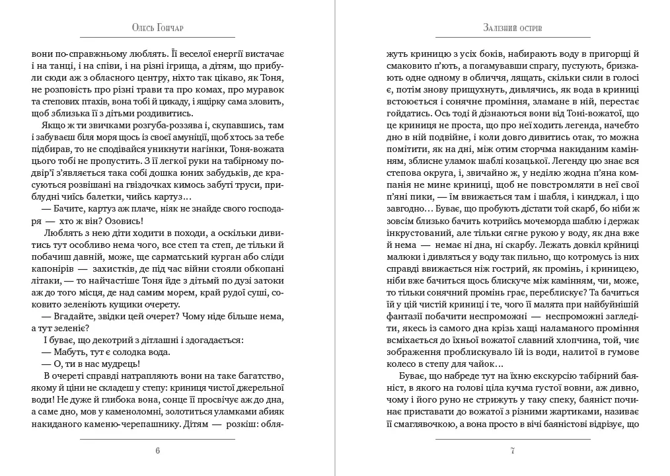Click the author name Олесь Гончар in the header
[x=157, y=28]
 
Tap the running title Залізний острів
[x=513, y=28]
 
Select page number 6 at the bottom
[x=157, y=451]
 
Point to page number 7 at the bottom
[x=513, y=451]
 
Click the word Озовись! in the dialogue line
[x=123, y=221]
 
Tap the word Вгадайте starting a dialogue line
[x=62, y=315]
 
